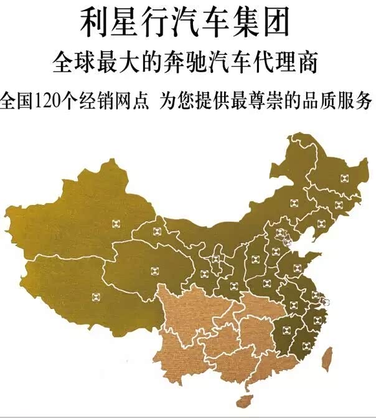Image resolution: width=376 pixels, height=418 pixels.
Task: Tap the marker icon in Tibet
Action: (x=95, y=297)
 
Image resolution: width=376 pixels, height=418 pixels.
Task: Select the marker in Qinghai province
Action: (x=154, y=270)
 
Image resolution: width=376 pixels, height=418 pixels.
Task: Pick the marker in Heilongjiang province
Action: (x=343, y=178)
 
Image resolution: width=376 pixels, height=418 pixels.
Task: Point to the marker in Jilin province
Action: (x=338, y=205)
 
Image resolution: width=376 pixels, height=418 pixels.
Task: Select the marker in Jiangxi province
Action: (x=287, y=330)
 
